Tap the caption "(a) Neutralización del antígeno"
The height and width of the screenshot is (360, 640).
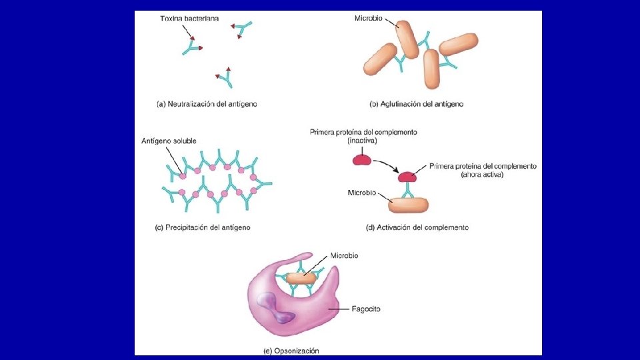(207, 104)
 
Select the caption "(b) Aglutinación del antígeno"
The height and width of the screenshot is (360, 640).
(417, 104)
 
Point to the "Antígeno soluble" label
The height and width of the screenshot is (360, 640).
(169, 141)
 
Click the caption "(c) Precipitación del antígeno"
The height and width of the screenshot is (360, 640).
(203, 227)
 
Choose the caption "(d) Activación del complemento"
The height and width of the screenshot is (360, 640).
(417, 227)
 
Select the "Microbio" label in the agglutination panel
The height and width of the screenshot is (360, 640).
(368, 19)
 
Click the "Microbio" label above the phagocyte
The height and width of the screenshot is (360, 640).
(344, 255)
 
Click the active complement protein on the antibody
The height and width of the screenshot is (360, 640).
(407, 176)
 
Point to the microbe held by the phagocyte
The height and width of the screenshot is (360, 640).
(302, 278)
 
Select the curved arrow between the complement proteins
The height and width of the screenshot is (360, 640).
(387, 165)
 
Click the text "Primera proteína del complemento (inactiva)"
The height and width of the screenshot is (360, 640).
(363, 137)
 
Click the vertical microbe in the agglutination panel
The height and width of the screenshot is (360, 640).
(431, 69)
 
